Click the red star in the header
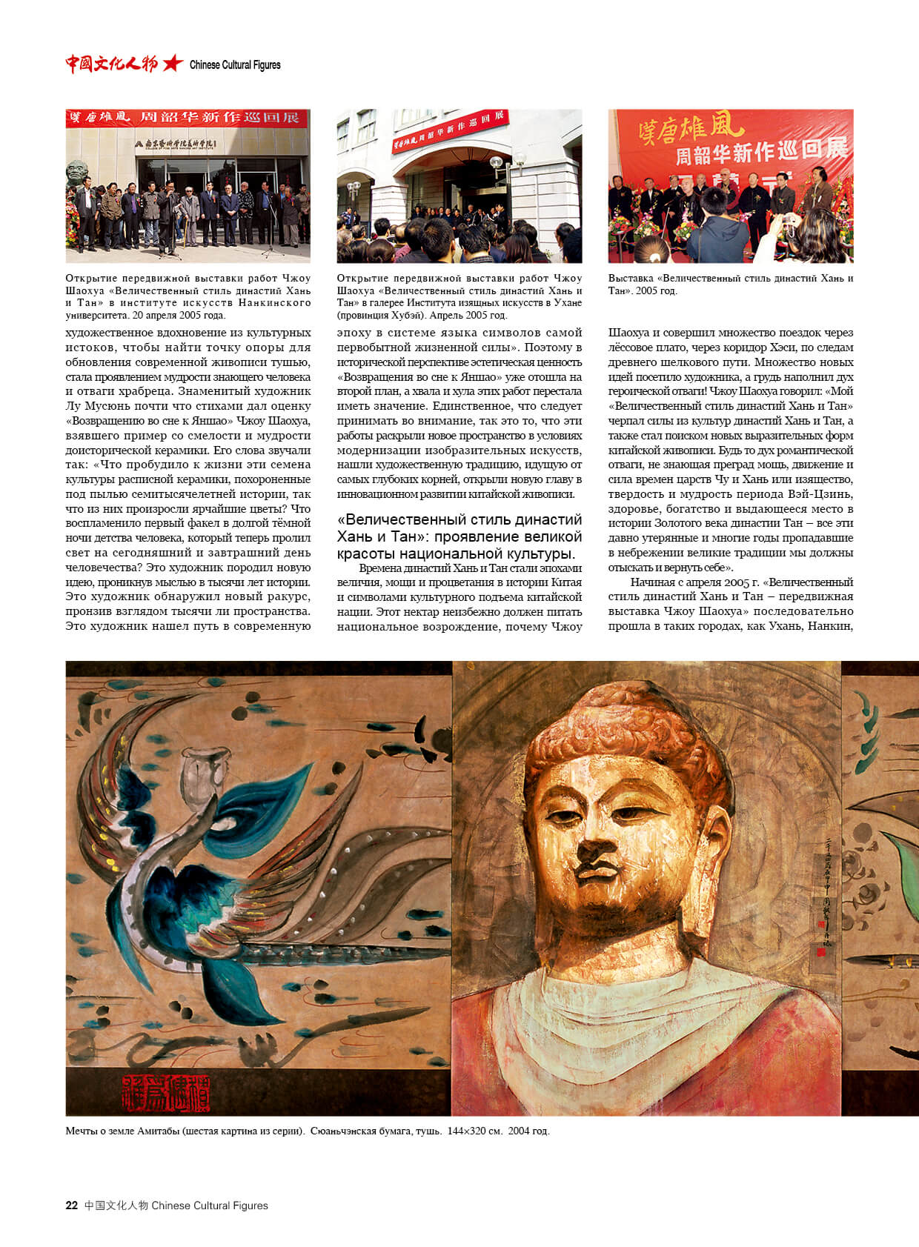[x=172, y=64]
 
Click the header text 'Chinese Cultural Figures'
[x=235, y=65]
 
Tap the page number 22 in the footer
[x=71, y=1206]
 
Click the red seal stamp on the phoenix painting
[x=165, y=1091]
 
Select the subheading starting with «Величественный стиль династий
[x=459, y=536]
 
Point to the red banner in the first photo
[x=188, y=118]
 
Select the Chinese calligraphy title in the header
[x=111, y=64]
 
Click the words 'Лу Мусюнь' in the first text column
[x=92, y=406]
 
